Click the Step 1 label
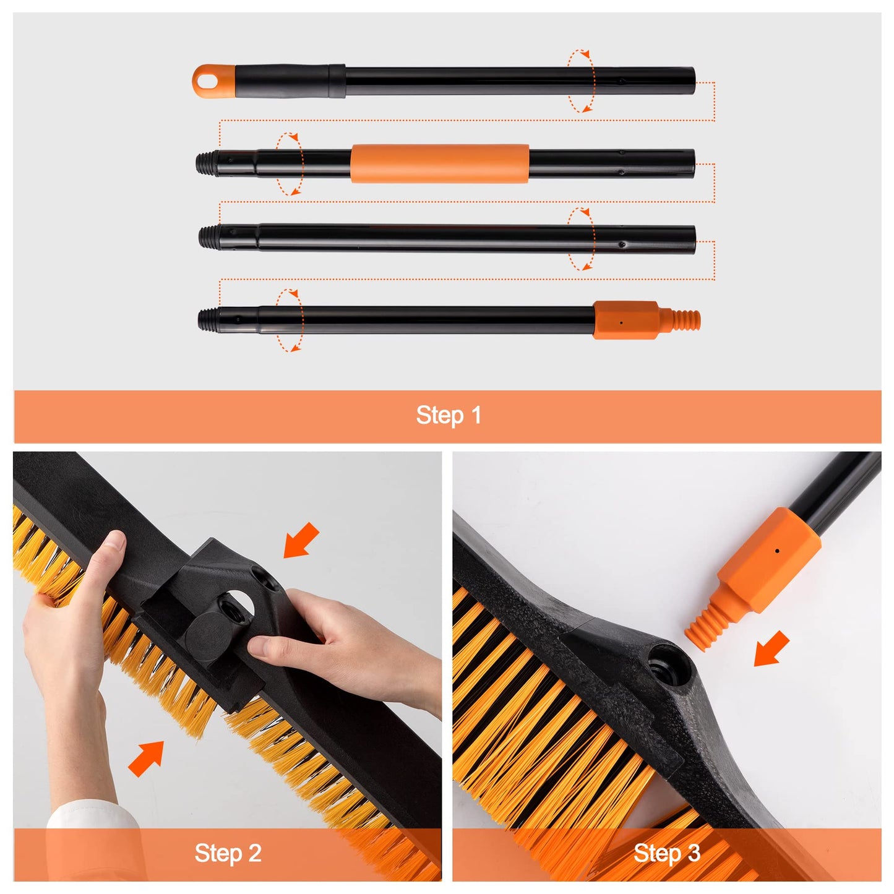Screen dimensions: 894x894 448,415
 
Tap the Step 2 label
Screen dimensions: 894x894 228,853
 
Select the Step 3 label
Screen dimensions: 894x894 666,854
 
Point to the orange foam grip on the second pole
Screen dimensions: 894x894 439,163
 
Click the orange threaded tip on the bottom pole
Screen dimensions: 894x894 687,320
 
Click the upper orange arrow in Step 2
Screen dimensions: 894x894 301,539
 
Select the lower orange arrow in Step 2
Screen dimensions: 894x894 146,759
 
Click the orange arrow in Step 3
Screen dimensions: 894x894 772,648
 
